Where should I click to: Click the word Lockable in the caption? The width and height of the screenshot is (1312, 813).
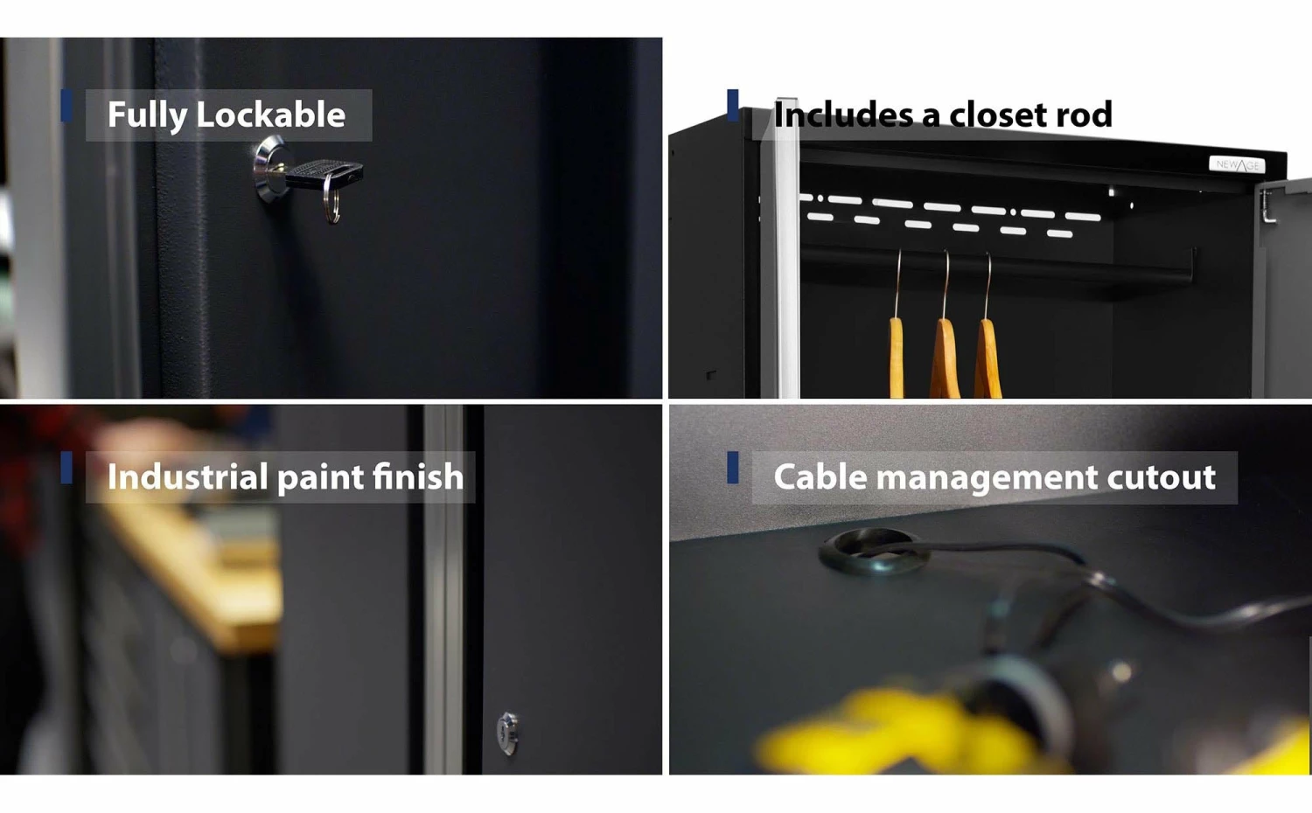coord(270,115)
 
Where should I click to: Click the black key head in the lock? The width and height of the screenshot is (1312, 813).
coord(325,171)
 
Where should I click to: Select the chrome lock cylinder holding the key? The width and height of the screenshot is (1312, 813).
coord(269,169)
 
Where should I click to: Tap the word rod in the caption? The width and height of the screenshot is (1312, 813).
coord(1084,115)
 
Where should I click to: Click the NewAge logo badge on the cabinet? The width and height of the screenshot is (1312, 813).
coord(1237,164)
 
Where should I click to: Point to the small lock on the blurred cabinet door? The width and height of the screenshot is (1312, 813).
coord(507,733)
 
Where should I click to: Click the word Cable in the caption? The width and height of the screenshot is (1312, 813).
coord(820,476)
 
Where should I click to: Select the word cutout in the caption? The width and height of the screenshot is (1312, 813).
coord(1161,477)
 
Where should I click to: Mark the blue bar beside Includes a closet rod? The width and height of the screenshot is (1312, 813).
coord(732,106)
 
